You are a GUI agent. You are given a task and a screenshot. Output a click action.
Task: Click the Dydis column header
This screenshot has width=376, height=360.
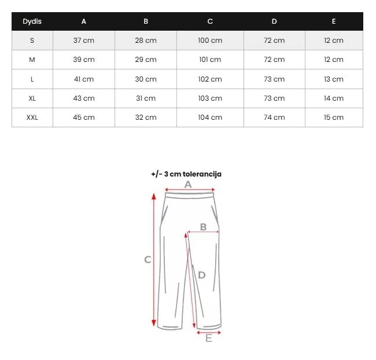(x=32, y=21)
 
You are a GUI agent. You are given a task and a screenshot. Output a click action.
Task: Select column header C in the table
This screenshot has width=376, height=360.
(x=210, y=21)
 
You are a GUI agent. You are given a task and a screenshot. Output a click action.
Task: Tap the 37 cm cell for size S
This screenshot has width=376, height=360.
(x=84, y=41)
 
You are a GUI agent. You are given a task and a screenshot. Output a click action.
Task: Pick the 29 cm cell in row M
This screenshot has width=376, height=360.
(x=146, y=60)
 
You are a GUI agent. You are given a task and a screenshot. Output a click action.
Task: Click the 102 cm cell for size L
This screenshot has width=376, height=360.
(x=210, y=79)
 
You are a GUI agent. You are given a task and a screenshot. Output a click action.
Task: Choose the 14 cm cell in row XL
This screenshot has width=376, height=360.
(x=334, y=98)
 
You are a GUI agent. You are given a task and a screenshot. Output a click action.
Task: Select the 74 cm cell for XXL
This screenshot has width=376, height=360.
(x=274, y=117)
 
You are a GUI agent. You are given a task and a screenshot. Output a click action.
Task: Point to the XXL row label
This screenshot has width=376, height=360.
(x=32, y=117)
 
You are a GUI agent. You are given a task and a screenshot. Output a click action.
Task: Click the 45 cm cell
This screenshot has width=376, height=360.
(x=84, y=117)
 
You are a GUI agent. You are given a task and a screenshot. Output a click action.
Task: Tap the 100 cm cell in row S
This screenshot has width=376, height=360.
(x=210, y=41)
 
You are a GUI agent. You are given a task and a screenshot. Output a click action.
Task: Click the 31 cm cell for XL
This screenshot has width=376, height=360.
(x=146, y=98)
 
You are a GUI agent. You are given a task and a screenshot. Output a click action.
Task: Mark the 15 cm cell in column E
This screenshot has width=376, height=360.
(x=334, y=117)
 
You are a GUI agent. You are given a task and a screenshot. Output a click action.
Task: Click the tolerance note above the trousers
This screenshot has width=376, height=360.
(x=186, y=174)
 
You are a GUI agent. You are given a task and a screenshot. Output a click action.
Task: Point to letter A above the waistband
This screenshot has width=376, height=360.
(x=187, y=183)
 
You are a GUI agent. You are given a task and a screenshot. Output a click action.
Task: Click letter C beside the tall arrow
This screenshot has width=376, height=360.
(x=148, y=260)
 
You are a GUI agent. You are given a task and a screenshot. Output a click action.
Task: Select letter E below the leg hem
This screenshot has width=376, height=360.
(x=209, y=339)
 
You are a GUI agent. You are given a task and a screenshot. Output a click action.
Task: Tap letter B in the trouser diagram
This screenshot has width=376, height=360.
(x=203, y=227)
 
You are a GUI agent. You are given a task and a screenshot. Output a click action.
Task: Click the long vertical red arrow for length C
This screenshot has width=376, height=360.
(x=154, y=260)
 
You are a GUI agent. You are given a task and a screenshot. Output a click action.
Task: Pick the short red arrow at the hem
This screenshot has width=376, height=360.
(x=209, y=332)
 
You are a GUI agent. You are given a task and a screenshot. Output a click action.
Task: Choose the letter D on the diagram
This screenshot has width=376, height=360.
(x=201, y=275)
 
